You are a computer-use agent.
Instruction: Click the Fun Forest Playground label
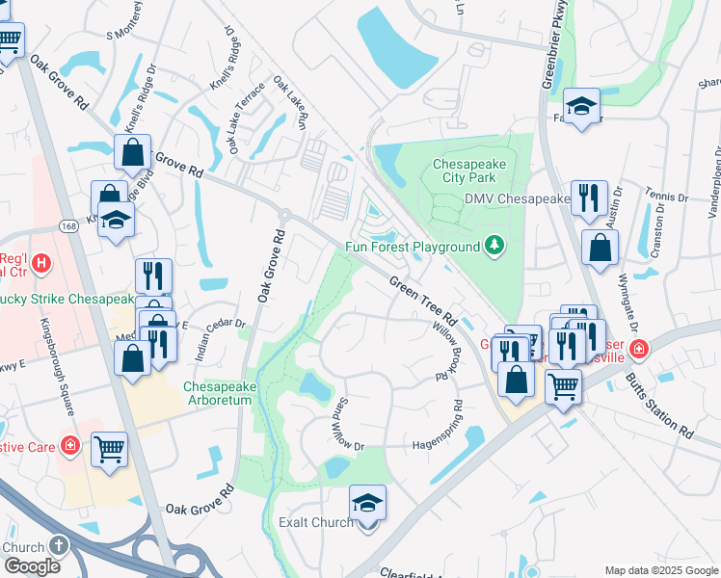(x=413, y=247)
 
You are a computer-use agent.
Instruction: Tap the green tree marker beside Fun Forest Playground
(x=494, y=246)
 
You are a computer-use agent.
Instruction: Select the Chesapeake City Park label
(x=469, y=171)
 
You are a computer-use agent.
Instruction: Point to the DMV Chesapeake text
(x=517, y=198)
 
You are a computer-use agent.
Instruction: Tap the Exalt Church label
(x=314, y=522)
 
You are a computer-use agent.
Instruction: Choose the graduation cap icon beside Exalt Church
(x=367, y=504)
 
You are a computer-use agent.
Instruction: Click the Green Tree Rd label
(x=422, y=301)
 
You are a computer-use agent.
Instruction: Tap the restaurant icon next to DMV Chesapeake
(x=588, y=197)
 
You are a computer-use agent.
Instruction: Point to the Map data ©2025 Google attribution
(x=661, y=570)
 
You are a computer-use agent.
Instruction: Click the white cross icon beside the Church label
(x=59, y=546)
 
